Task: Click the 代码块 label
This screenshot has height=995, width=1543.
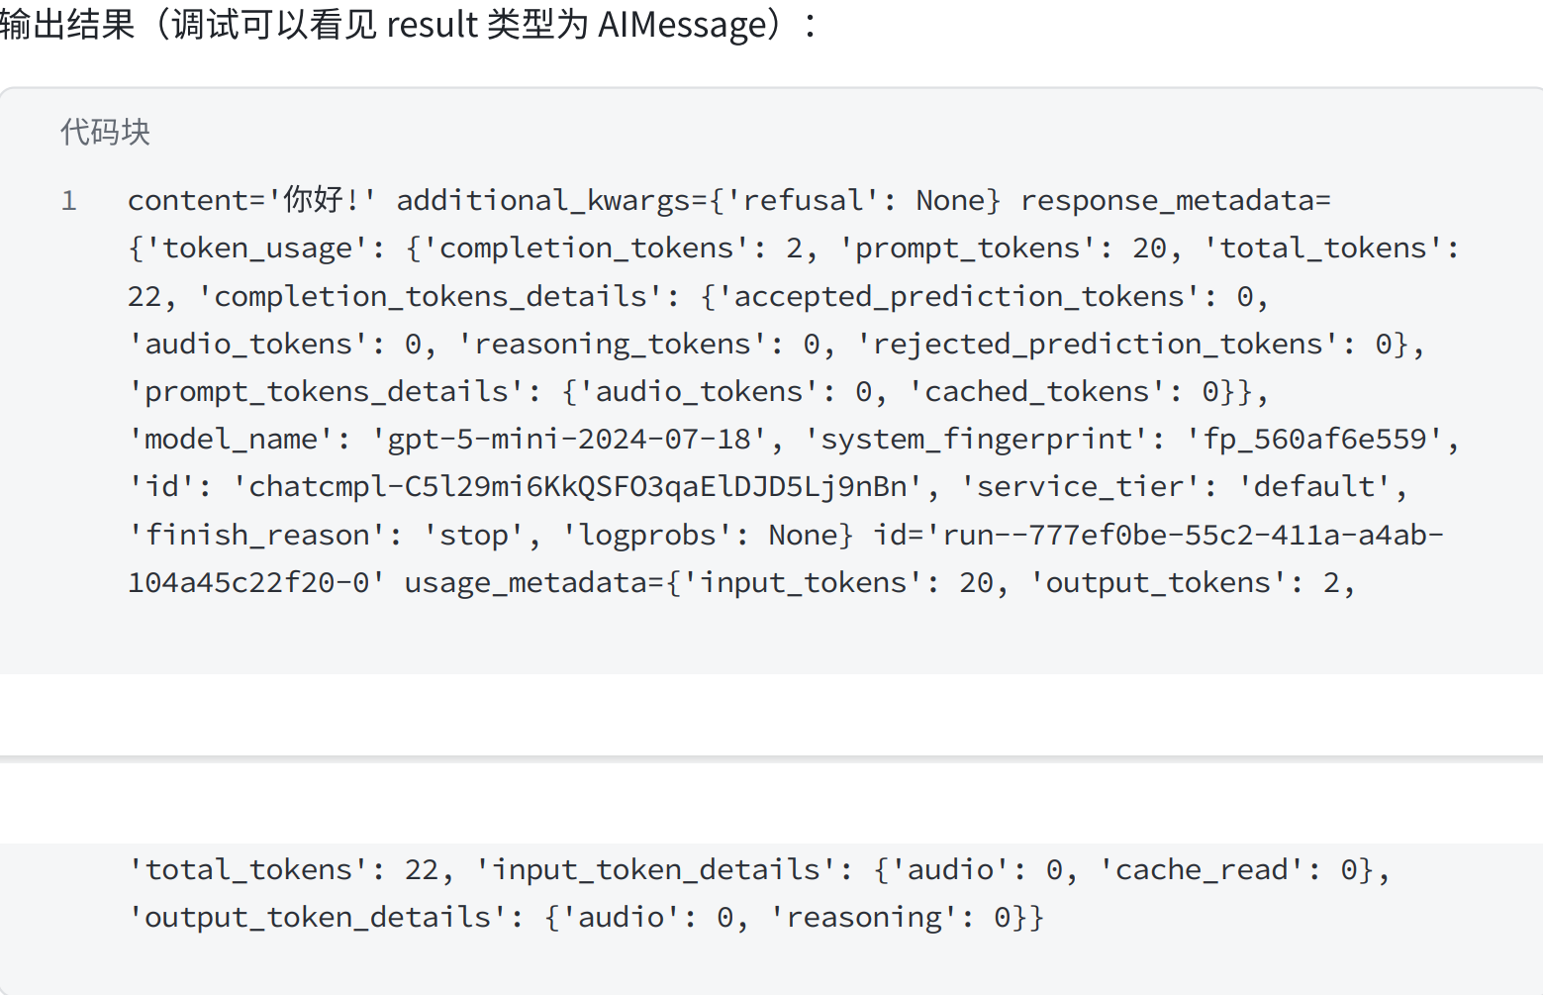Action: tap(105, 132)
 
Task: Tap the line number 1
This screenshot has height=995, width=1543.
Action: tap(69, 201)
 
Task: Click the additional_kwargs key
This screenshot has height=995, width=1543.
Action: tap(543, 200)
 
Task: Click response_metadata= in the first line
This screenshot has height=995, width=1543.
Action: tap(1175, 200)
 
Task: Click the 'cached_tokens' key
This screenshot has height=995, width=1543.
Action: tap(1036, 391)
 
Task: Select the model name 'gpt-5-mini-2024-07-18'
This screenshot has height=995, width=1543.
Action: tap(568, 439)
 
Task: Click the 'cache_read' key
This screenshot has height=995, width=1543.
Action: tap(1201, 869)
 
